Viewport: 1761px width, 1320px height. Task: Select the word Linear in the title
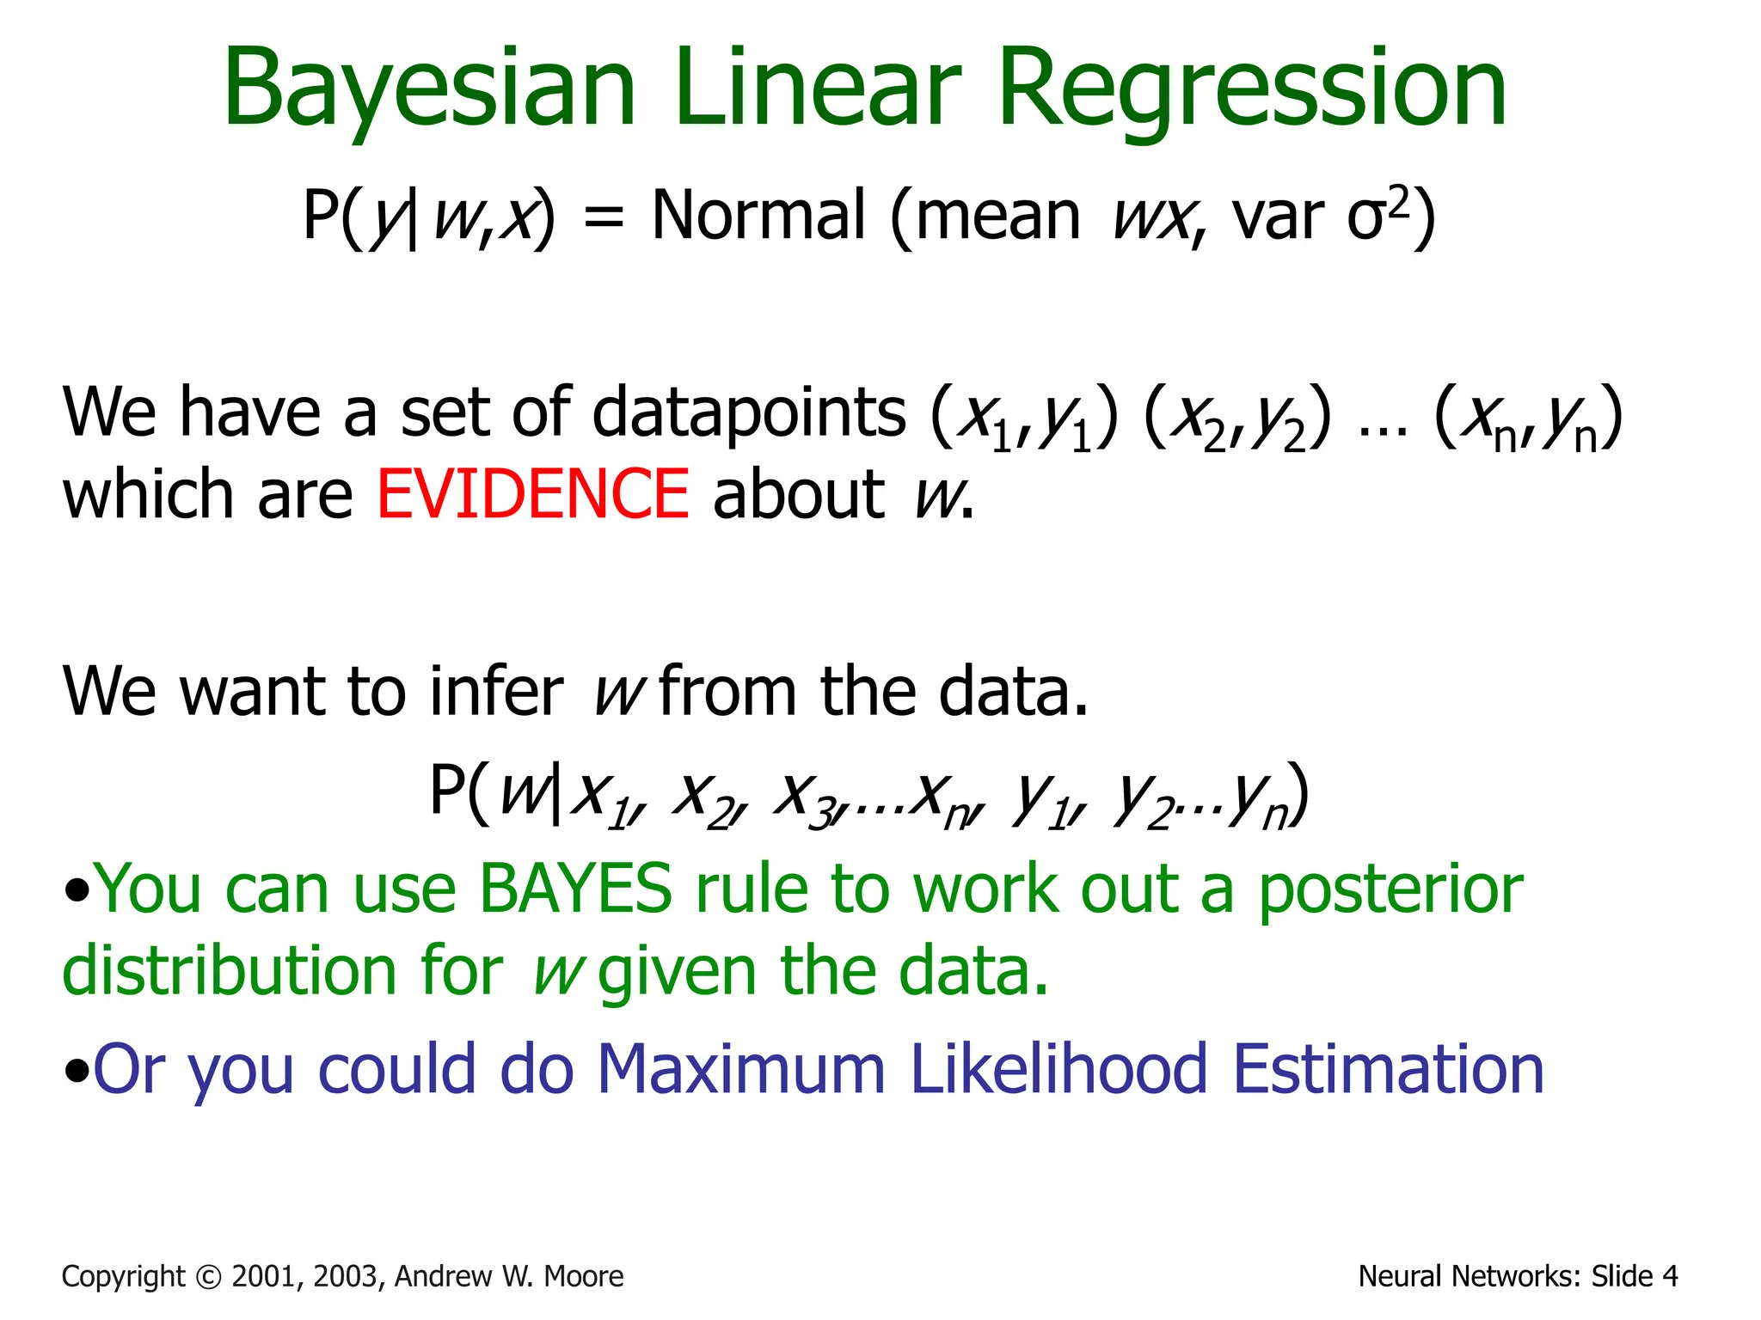pos(817,88)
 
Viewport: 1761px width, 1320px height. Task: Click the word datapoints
pos(748,412)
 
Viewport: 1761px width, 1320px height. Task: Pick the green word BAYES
pos(575,889)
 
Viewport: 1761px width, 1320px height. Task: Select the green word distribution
pos(229,971)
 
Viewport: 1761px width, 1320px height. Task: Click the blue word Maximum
pos(740,1070)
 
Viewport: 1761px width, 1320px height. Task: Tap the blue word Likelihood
pos(1058,1070)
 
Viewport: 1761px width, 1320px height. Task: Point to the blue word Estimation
pos(1388,1070)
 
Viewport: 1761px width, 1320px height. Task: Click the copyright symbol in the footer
pos(209,1277)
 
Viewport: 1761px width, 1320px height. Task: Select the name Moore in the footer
pos(584,1277)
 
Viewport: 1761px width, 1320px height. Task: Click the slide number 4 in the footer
pos(1669,1277)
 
